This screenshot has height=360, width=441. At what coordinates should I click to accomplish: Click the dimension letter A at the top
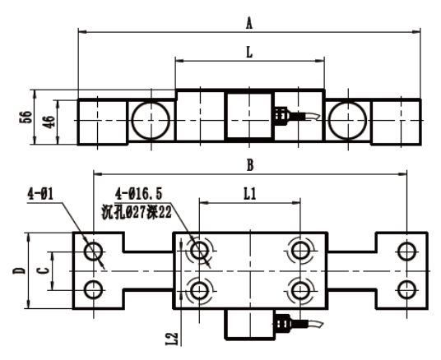coord(249,23)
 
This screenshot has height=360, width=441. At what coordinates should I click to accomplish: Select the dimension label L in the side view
coord(249,53)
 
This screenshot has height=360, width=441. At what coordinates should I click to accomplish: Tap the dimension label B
coord(250,165)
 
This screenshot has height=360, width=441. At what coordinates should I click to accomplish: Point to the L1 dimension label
coord(250,194)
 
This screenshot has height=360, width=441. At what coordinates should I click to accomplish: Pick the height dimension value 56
coord(26,117)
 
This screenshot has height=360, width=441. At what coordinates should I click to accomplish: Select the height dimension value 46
coord(49,122)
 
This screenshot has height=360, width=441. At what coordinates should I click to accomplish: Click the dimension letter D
coord(19,271)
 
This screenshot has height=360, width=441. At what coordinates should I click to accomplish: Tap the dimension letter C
coord(44,271)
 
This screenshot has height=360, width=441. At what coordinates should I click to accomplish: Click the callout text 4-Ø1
coord(40,194)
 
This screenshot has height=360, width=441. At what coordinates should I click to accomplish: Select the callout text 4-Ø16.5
coord(139,194)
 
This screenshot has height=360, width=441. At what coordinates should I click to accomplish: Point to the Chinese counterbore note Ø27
coord(137,212)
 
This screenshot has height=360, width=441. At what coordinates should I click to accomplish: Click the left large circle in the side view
coord(151,120)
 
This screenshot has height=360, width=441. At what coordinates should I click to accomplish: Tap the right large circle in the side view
coord(348,120)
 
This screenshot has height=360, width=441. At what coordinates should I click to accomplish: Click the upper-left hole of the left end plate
coord(94,252)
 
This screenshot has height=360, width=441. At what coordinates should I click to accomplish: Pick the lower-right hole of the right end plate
coord(406,290)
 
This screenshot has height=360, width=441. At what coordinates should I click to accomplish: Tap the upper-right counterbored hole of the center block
coord(300,251)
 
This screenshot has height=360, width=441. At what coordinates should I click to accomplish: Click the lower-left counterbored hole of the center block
coord(199,291)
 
